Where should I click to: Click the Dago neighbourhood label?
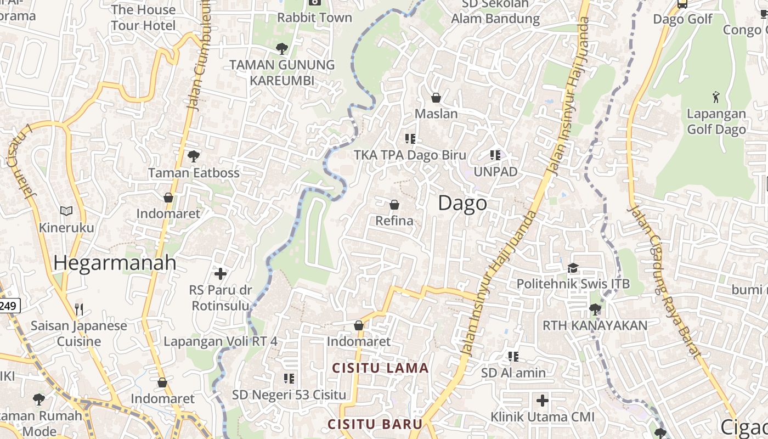coord(462,203)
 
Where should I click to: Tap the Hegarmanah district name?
coord(115,263)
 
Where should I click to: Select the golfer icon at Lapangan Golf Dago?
coord(716,98)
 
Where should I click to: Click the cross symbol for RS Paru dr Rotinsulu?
coord(221,273)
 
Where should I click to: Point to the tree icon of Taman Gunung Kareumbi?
coord(282,48)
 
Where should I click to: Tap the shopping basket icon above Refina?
coord(394,205)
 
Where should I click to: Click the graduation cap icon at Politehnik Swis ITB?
coord(573,268)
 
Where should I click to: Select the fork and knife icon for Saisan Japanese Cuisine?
coord(79,309)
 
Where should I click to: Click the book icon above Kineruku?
coord(66,211)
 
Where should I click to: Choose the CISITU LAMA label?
coord(381,368)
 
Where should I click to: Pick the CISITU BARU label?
coord(375,424)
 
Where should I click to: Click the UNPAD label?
coord(495,172)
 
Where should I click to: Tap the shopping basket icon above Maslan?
coord(436,98)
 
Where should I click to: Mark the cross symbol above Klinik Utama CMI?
coord(543,400)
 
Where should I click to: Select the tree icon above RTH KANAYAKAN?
coord(595,309)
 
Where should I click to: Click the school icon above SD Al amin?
coord(513,357)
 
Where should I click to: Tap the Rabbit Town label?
coord(314,18)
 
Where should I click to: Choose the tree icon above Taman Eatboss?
coord(193,156)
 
